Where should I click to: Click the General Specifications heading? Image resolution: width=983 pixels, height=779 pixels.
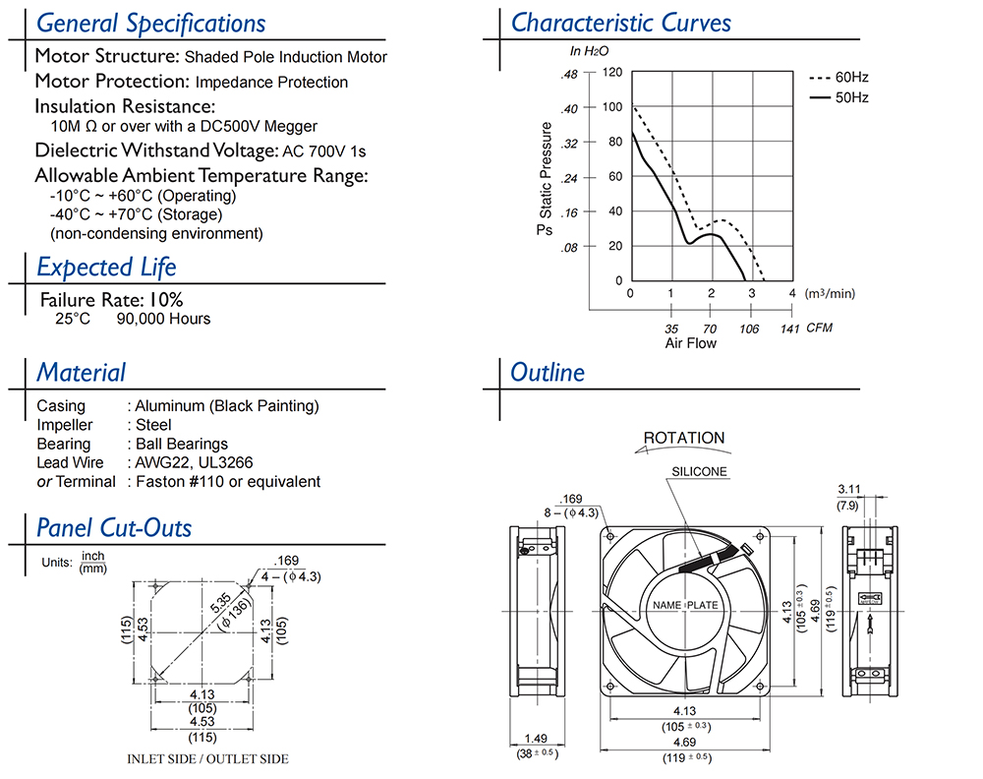[150, 23]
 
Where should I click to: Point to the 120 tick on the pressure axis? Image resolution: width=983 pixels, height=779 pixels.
[612, 73]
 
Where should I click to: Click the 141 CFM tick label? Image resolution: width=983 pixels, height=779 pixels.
[788, 329]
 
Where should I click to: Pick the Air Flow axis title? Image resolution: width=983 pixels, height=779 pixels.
[690, 343]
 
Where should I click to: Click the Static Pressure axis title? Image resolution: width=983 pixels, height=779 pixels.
[547, 169]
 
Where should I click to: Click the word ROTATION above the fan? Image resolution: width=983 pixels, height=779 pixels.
[683, 438]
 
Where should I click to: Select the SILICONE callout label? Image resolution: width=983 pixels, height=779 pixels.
[699, 471]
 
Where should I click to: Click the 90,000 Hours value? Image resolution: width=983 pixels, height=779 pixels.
[163, 319]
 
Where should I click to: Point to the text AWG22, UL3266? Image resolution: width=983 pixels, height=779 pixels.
[185, 462]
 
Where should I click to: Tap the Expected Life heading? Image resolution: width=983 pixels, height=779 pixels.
[106, 267]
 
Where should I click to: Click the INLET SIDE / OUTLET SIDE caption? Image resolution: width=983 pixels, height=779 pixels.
[207, 759]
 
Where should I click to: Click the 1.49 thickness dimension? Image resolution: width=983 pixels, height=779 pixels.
[536, 739]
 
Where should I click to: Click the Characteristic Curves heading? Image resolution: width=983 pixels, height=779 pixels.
[621, 23]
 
